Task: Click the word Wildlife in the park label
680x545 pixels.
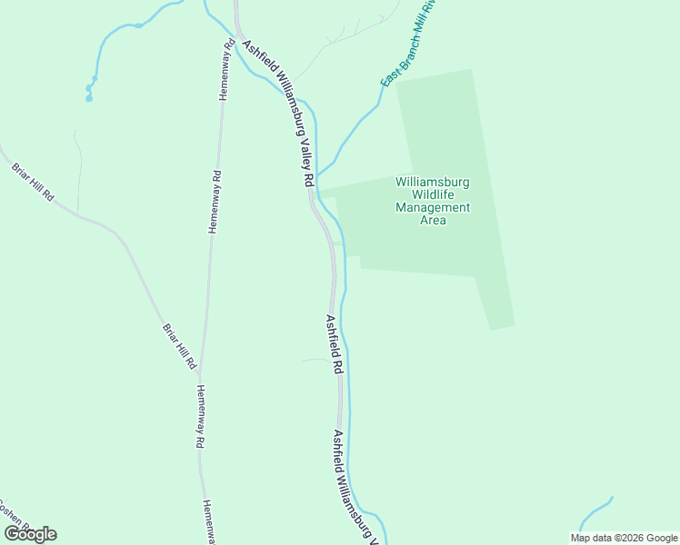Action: coord(433,194)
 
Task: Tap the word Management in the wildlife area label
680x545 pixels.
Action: coord(433,207)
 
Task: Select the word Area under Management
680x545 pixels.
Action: coord(433,220)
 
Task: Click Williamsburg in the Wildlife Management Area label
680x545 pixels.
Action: coord(433,182)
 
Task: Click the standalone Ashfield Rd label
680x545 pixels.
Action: coord(334,345)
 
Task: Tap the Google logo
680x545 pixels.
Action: coord(30,534)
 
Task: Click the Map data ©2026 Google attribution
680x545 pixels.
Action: coord(624,538)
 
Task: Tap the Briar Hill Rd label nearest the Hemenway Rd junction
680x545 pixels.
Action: coord(179,345)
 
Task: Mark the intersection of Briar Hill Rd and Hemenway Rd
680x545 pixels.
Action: coord(198,372)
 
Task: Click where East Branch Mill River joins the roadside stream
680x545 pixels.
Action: coord(317,173)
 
